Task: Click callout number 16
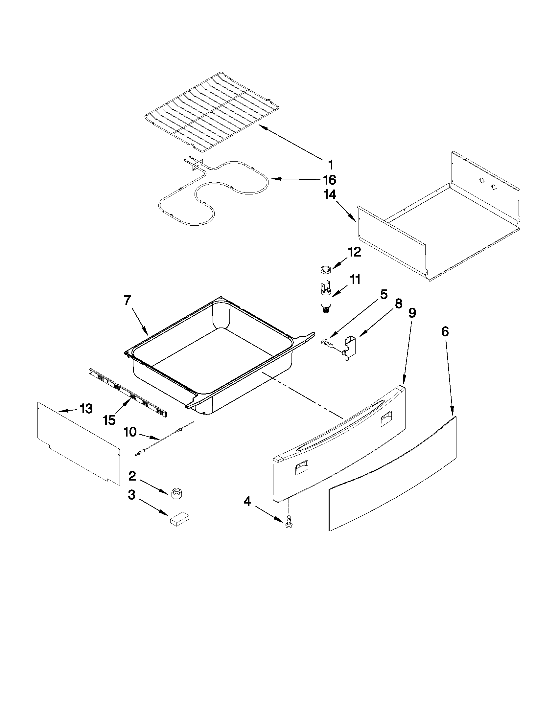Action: [x=329, y=180]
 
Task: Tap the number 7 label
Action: [x=128, y=300]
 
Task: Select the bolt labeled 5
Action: [x=327, y=343]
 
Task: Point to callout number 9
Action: [x=412, y=313]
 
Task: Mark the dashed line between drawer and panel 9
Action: [x=301, y=394]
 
